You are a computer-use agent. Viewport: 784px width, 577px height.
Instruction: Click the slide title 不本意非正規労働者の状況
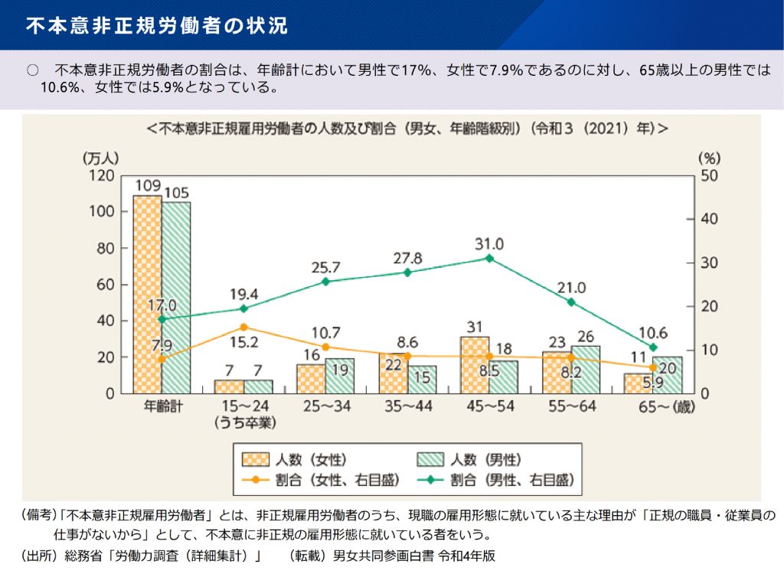tap(157, 24)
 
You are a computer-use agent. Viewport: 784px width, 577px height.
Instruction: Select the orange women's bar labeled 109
tap(147, 295)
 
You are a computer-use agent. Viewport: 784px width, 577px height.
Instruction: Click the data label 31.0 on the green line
tap(489, 244)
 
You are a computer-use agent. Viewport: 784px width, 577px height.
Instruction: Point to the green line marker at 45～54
tap(488, 259)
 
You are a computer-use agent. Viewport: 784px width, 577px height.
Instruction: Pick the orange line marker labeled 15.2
tap(243, 328)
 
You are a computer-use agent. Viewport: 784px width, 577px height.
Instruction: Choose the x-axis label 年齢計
tap(162, 406)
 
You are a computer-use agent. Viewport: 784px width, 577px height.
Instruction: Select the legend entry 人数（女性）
tap(295, 460)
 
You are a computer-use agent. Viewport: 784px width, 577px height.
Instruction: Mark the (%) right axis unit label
tap(710, 158)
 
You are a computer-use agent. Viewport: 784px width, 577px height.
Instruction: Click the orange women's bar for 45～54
tap(475, 365)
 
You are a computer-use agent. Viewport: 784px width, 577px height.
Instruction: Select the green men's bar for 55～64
tap(586, 370)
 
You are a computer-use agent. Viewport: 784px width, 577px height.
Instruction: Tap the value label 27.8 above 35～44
tap(407, 258)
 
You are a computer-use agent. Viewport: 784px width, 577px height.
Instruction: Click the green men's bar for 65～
tap(668, 375)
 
